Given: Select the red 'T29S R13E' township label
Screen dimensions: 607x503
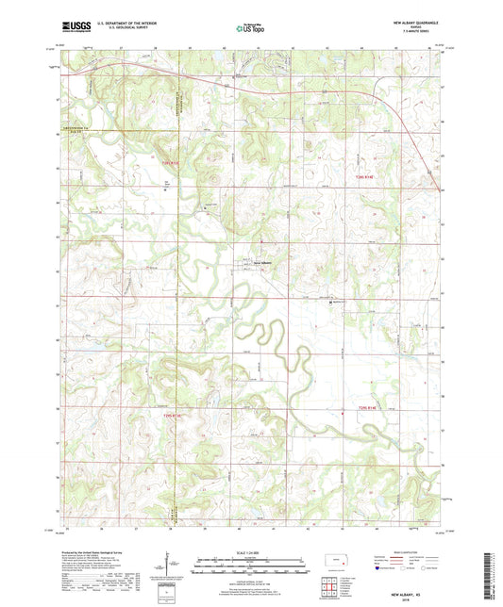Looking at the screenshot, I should tap(169, 414).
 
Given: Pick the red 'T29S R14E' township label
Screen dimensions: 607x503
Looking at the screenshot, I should tap(367, 407).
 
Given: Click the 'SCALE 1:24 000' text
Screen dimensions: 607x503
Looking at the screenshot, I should tap(251, 550).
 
